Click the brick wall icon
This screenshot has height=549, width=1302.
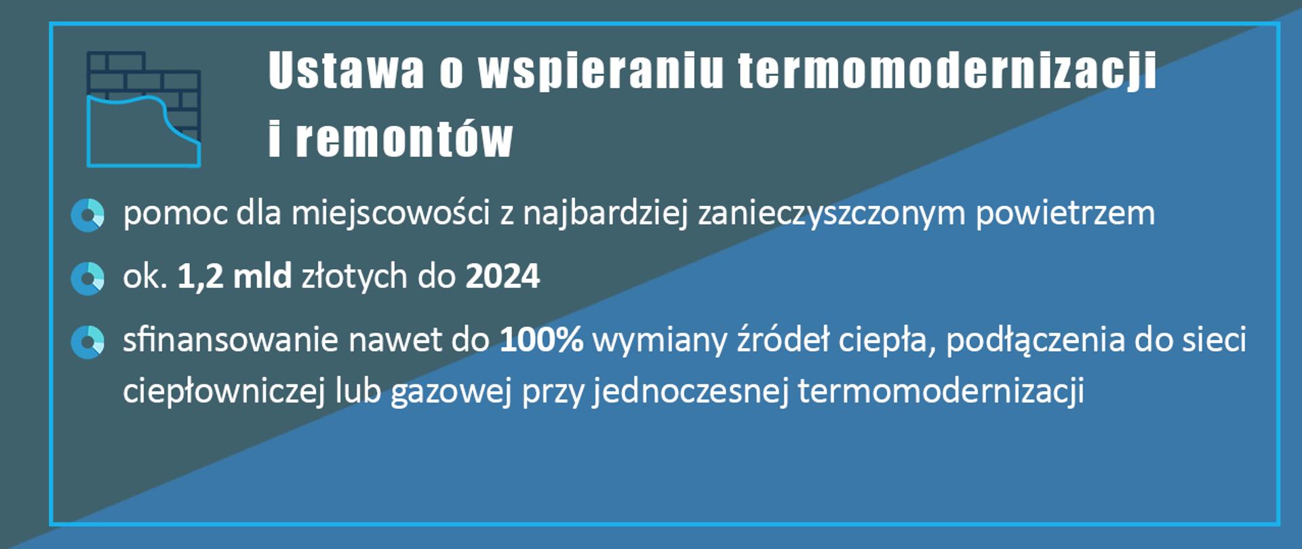pos(143,109)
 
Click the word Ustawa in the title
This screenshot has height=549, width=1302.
pos(346,70)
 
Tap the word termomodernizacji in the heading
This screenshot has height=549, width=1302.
pos(947,70)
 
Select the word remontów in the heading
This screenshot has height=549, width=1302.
pos(404,139)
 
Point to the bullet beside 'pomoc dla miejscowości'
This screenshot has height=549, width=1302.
pos(87,215)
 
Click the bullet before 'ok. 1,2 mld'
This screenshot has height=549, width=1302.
pos(87,279)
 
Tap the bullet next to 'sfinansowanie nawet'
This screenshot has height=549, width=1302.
pos(87,342)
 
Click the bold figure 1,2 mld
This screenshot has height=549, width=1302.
pos(234,277)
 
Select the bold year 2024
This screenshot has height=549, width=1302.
pos(502,277)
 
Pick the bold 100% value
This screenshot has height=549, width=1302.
pos(541,340)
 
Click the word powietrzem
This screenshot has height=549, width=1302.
pos(1065,213)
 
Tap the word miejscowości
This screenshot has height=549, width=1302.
pos(391,213)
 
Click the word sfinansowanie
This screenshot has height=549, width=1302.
pos(231,340)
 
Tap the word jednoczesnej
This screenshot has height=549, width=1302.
pos(690,391)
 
